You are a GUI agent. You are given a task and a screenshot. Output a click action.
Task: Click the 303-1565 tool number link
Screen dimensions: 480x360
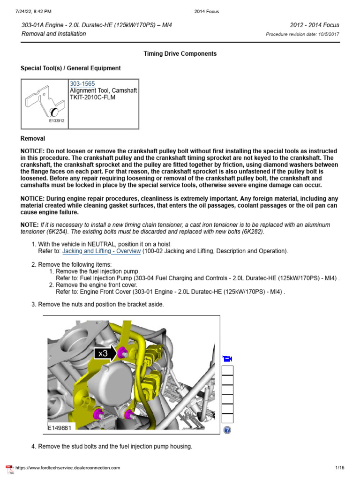coord(82,84)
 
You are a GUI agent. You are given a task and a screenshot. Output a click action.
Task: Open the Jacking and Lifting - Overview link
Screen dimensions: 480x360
coord(101,251)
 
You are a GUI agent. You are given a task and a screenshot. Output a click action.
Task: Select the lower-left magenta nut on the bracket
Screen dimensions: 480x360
coord(99,414)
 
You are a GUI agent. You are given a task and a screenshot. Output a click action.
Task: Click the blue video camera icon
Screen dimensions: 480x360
coord(227,359)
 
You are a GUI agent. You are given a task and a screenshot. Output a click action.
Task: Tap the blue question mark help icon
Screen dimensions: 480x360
coord(227,430)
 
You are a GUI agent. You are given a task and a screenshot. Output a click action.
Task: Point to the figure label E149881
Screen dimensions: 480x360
coord(59,428)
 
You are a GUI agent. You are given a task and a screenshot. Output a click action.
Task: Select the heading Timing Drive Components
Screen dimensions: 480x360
coord(180,54)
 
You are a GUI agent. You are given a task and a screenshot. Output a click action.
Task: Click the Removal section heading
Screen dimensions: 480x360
coord(33,139)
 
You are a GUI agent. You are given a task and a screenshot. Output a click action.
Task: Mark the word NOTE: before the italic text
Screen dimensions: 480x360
coord(29,225)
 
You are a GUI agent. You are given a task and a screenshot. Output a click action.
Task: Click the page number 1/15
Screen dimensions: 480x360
coord(340,468)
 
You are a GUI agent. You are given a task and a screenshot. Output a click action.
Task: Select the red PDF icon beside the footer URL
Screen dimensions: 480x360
coord(9,469)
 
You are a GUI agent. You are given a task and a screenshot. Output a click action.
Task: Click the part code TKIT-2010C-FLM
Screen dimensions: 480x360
coord(92,97)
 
